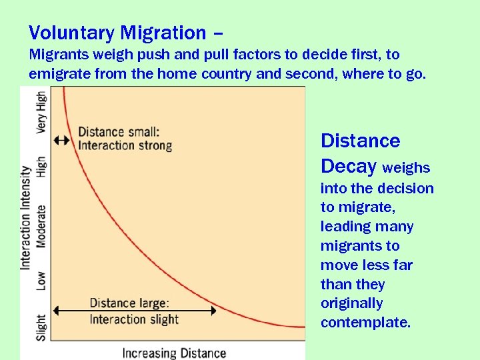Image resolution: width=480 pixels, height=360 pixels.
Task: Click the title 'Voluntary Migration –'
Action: click(x=126, y=33)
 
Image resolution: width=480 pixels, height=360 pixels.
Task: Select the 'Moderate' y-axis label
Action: click(x=41, y=226)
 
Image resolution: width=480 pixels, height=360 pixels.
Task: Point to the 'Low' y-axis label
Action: click(x=41, y=281)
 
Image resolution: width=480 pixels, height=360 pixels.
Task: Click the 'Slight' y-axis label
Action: click(x=41, y=327)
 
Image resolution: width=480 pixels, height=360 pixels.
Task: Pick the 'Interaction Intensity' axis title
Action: click(x=26, y=217)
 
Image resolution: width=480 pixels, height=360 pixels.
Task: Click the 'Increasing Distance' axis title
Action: click(x=174, y=352)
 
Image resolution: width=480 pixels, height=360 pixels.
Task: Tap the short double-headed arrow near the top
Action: click(x=61, y=140)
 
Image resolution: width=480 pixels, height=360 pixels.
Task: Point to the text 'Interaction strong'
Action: click(x=125, y=145)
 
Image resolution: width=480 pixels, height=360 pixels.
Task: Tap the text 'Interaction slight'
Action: click(x=134, y=319)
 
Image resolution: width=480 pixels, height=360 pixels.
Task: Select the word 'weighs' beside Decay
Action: click(x=406, y=167)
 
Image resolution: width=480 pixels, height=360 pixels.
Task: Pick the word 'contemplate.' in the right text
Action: click(x=365, y=323)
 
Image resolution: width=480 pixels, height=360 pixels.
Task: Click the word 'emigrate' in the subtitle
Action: click(x=57, y=74)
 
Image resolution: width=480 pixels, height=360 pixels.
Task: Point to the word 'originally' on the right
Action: click(x=351, y=303)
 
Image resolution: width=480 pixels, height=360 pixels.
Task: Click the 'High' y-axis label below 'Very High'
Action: click(x=41, y=167)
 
